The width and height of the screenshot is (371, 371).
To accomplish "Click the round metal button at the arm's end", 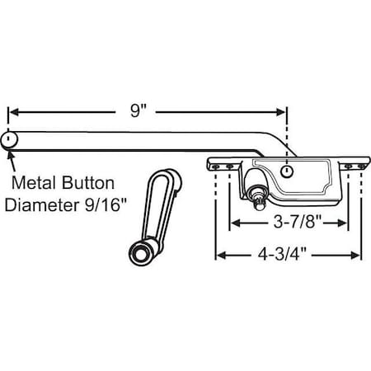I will tap(9, 140).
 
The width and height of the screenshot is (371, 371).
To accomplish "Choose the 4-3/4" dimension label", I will tap(288, 254).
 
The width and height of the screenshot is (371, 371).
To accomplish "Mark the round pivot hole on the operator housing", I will tap(286, 170).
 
